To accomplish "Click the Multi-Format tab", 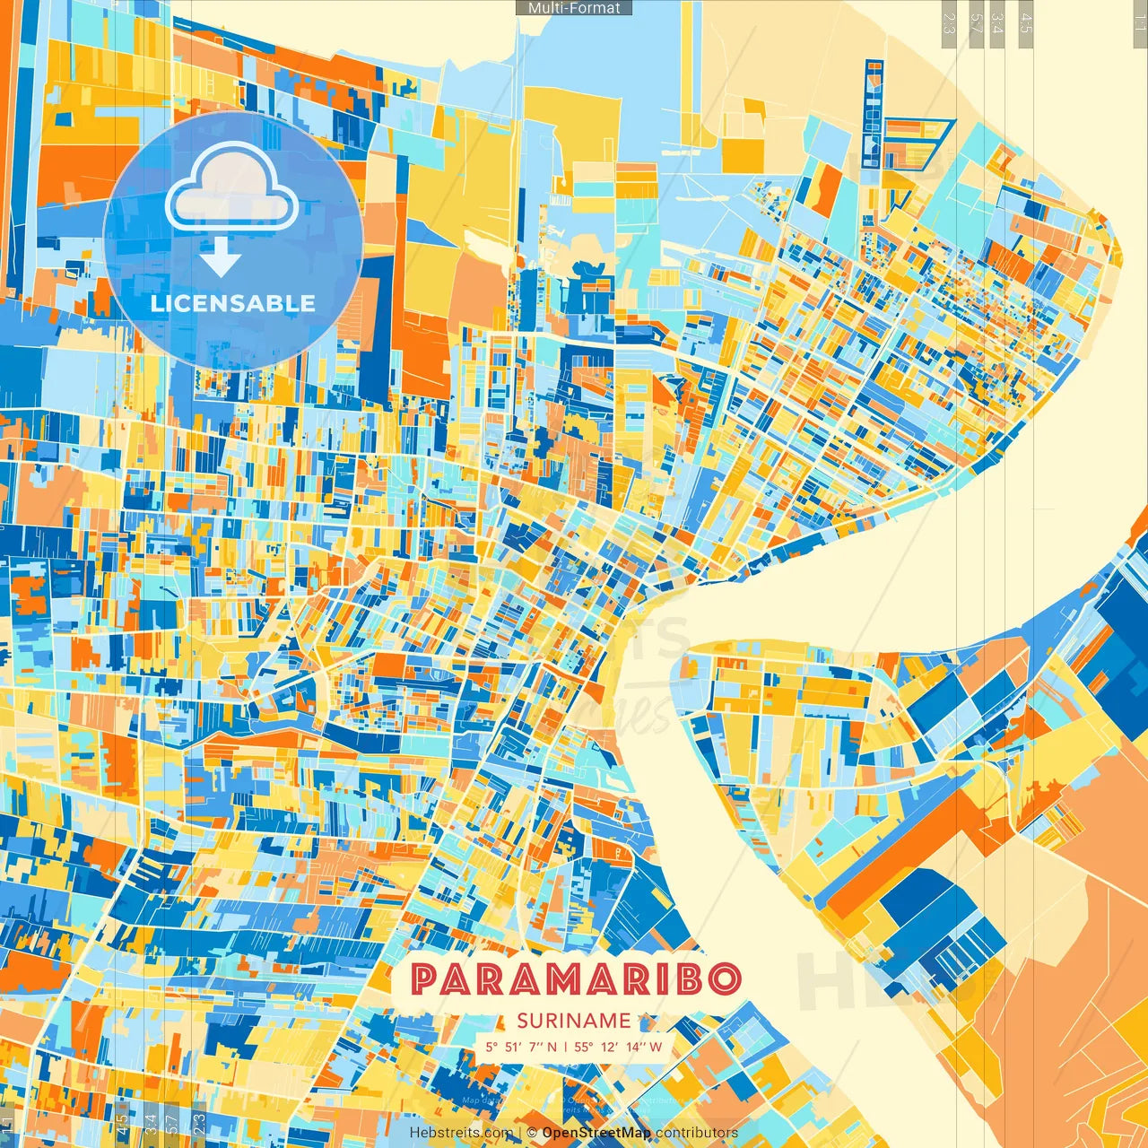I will pos(574,8).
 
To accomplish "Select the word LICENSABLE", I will pos(233,303).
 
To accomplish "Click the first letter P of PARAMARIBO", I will pos(425,978).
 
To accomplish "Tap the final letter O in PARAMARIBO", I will pos(723,978).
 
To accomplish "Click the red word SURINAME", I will pos(574,1021).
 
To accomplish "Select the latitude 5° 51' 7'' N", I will pos(521,1047).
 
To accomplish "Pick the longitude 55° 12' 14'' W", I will pos(618,1047).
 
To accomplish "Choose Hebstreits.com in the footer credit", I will pos(461,1133).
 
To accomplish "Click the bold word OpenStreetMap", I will pos(596,1133).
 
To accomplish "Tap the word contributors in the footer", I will pos(697,1133).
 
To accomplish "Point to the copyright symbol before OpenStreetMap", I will pos(532,1133).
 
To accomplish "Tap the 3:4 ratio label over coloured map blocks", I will pos(151,1122).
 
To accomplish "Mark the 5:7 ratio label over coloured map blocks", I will pos(172,1122).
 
